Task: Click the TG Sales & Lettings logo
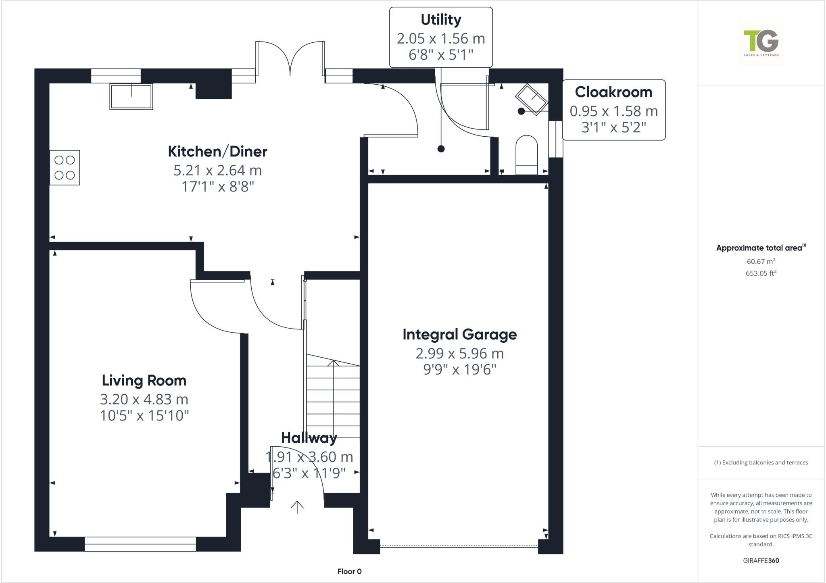pos(761,42)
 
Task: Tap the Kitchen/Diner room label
pos(217,152)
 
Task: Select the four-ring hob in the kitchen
pos(65,168)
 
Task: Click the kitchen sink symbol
pos(131,97)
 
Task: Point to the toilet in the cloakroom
pos(527,155)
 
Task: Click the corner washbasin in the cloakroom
pos(532,99)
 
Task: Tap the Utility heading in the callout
pos(440,20)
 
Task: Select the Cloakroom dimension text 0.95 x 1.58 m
pos(613,111)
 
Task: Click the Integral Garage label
pos(459,334)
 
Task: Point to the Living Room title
pos(144,380)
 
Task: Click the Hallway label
pos(309,438)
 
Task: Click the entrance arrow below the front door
pos(297,507)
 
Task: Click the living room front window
pos(140,544)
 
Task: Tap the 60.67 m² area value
pos(761,261)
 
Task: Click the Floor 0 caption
pos(349,571)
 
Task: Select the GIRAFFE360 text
pos(761,560)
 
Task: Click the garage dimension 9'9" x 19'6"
pos(459,369)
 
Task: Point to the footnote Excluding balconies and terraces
pos(761,462)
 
